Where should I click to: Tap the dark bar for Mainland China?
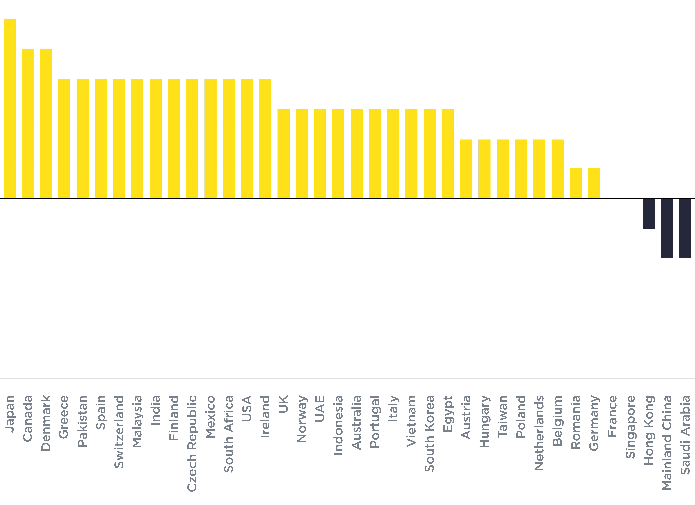[667, 228]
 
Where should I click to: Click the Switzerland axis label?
[119, 432]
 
